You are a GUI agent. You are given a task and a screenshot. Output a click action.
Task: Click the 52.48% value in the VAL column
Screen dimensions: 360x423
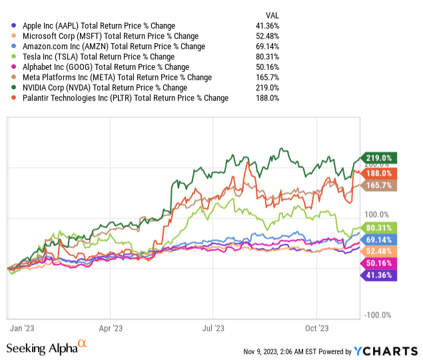267,36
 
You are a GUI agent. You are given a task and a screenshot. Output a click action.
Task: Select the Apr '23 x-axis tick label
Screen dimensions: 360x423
111,328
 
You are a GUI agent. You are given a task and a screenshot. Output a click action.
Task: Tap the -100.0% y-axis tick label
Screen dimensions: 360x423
379,315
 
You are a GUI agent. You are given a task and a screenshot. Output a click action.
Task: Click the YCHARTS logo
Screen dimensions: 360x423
386,351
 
